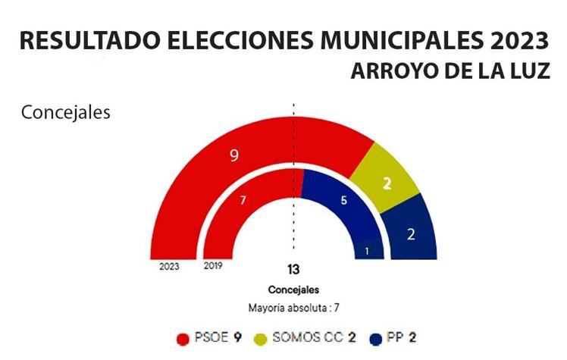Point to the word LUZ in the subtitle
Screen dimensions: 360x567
coord(528,73)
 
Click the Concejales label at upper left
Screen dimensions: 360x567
coord(66,113)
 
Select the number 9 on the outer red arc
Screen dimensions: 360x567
coord(234,155)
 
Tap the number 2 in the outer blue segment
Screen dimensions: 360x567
coord(411,234)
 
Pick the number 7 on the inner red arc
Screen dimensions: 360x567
coord(243,200)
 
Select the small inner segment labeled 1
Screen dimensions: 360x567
coord(368,251)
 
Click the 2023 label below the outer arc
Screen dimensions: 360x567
coord(170,267)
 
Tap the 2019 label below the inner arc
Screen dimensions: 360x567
coord(214,267)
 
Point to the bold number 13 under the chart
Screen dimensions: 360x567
coord(293,270)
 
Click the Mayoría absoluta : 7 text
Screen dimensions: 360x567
coord(293,308)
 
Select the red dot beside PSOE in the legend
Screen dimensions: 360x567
coord(182,338)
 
